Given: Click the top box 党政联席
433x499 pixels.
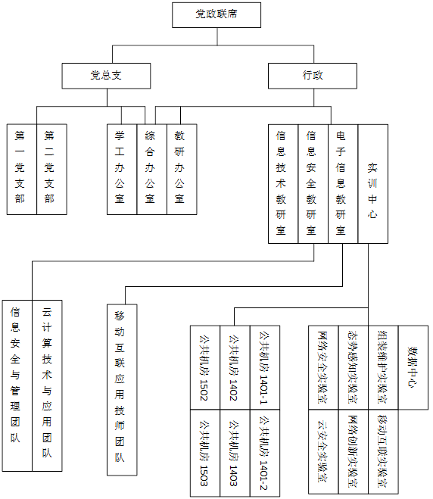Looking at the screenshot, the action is point(216,15).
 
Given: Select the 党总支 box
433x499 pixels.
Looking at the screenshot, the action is point(106,76).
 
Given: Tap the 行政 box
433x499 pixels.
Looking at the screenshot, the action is point(313,76).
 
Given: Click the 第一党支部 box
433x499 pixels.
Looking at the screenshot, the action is point(22,170).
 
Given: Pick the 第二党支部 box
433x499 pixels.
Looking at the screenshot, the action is point(52,170).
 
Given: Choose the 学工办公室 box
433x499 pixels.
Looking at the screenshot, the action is point(122,170).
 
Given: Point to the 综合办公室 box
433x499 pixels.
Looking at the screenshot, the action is point(151,170).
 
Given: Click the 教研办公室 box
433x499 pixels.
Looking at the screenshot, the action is point(182,170).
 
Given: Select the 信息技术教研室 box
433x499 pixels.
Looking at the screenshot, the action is point(283,184).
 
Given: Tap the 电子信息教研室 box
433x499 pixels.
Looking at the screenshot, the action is point(343,184).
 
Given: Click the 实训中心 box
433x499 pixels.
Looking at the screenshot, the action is point(373,184).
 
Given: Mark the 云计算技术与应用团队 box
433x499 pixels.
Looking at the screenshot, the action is point(47,385).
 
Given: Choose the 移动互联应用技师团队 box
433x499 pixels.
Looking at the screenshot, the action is point(122,390).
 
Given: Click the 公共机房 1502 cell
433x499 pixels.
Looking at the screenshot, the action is point(205,367).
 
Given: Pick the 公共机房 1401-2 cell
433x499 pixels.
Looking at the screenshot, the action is point(265,453).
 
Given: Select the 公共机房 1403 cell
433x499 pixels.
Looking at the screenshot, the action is point(235,453).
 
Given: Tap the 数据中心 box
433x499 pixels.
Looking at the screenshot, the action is point(413,367).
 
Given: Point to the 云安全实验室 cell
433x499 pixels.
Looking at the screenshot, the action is point(323,451).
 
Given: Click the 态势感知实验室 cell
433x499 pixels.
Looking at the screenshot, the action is point(354,367).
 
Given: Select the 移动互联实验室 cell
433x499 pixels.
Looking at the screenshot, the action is point(383,451).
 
